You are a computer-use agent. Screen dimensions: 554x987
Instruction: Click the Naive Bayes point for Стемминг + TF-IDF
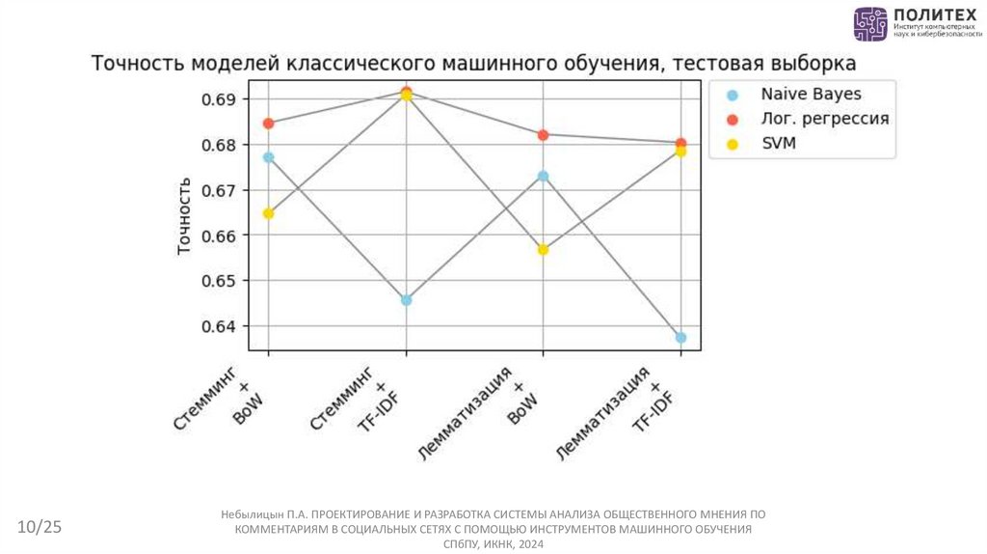[x=407, y=300]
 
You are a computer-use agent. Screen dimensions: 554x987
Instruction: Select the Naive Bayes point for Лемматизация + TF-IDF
[x=680, y=337]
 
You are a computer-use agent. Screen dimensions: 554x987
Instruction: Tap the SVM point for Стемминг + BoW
[x=269, y=213]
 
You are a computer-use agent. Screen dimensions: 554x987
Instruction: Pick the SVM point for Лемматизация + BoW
[x=543, y=249]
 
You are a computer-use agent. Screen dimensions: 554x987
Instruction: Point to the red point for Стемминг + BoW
[x=269, y=124]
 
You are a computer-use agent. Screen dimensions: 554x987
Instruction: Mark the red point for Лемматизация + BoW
[x=543, y=135]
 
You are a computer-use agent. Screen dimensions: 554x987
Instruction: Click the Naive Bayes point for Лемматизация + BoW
[x=543, y=177]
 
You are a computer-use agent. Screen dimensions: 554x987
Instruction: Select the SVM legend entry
[x=778, y=144]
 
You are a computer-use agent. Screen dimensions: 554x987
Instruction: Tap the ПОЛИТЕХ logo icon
[x=869, y=24]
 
